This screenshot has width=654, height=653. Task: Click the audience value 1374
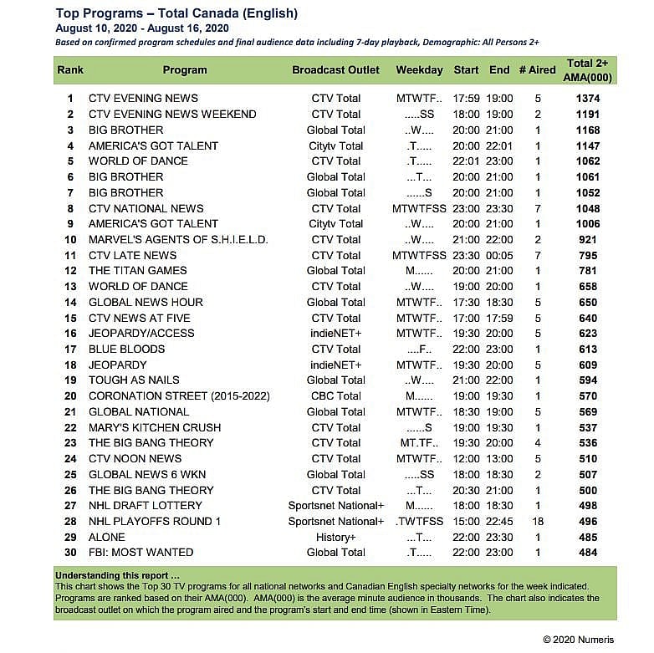tap(590, 98)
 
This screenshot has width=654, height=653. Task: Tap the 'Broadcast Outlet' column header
tap(335, 70)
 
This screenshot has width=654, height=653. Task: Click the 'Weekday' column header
tap(419, 70)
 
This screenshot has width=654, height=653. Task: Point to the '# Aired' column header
tap(536, 70)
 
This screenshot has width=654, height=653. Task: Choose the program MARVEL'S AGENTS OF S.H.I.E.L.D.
tap(178, 240)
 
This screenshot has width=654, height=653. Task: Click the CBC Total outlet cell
tap(336, 396)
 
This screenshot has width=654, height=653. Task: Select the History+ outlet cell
tap(336, 537)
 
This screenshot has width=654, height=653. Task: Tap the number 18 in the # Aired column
tap(537, 521)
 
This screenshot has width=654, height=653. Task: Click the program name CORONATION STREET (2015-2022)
tap(173, 396)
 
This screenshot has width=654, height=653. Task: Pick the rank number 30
tap(70, 553)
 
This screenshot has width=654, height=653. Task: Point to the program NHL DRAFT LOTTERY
tap(146, 506)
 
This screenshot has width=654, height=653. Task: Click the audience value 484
tap(590, 553)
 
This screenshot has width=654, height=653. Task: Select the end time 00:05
tap(499, 256)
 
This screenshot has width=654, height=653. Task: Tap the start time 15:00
tap(466, 521)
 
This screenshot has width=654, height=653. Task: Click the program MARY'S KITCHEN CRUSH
tap(155, 427)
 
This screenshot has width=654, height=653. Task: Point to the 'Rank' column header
tap(70, 70)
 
